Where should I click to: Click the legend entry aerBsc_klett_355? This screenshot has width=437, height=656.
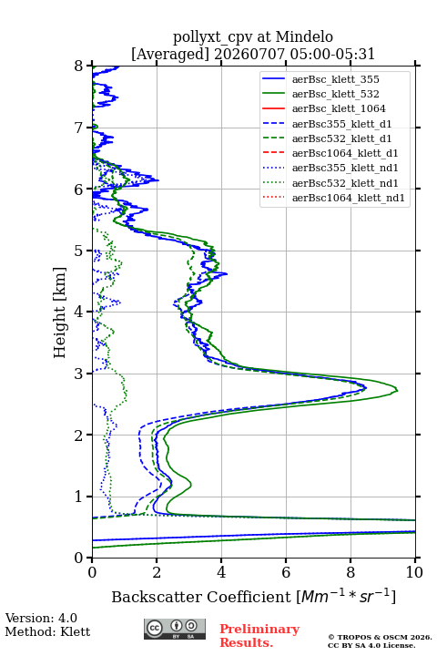335,79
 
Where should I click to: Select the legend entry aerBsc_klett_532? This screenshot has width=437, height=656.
335,94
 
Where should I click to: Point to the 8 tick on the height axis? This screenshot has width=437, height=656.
89,66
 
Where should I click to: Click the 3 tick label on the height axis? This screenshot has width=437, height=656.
79,374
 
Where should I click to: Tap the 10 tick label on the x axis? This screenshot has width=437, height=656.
414,572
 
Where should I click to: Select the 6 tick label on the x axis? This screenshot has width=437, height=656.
286,572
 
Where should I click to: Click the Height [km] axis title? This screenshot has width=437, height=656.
60,313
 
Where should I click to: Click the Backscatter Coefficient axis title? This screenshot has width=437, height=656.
253,597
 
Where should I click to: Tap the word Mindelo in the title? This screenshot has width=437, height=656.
304,37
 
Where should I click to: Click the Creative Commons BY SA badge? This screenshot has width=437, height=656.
175,630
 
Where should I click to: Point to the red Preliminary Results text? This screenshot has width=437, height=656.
259,636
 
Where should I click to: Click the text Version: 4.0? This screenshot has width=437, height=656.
41,618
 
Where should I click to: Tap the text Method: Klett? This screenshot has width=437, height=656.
47,631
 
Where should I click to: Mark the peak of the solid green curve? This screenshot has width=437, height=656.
397,390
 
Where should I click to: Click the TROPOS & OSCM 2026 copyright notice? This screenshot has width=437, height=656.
380,637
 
